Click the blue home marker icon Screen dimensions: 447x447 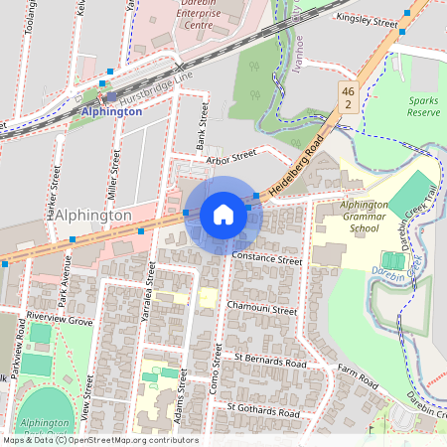point(223,214)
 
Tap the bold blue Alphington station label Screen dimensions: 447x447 point(111,111)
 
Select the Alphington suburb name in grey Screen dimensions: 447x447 point(88,215)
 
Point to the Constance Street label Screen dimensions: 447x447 point(266,259)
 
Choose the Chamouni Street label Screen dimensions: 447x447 point(262,310)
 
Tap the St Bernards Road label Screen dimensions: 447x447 point(270,359)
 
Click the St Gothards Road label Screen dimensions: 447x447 point(263,409)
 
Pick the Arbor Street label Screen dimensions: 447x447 point(224,157)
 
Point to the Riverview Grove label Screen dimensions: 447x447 point(60,321)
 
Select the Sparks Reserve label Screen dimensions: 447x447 point(428,107)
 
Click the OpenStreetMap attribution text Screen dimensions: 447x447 point(99,440)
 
